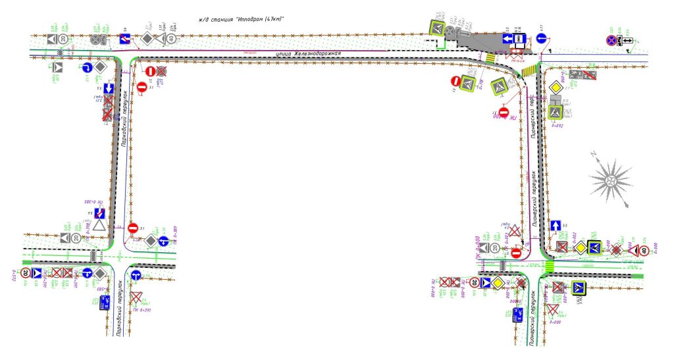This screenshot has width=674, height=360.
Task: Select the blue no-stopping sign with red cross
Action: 613,41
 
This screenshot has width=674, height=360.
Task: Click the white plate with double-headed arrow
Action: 627,41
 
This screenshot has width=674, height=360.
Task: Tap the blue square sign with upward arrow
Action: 555,226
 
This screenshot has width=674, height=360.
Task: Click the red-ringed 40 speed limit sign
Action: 645,249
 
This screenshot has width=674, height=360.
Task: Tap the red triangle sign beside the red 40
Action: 633,249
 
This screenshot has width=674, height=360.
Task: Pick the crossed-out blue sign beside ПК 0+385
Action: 100,213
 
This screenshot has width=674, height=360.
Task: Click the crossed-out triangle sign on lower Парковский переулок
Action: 136,297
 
